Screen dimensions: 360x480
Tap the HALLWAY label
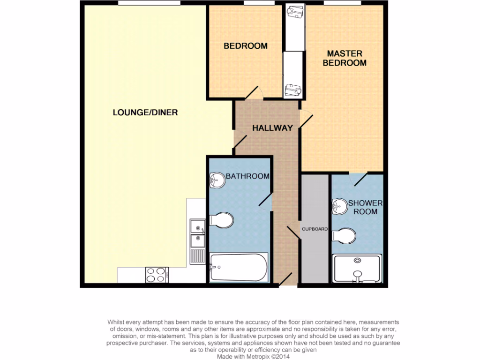(272, 127)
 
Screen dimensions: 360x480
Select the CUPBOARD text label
(314, 229)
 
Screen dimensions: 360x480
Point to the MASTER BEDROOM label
(345, 58)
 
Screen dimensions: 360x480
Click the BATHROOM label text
(247, 176)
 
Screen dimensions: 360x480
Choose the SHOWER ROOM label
(365, 207)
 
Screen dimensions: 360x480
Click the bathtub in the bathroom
(239, 268)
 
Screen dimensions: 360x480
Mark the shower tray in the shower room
(357, 269)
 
